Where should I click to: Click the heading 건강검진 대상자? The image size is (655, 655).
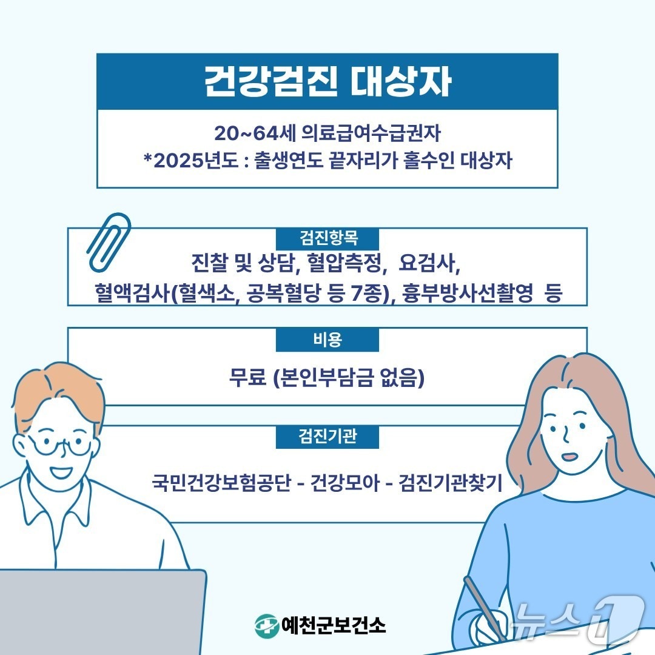[327, 82]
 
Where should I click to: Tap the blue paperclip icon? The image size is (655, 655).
[109, 241]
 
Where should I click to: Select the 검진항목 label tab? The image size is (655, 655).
[327, 236]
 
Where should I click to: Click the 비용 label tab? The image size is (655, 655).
[327, 340]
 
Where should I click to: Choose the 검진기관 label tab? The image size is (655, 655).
[327, 437]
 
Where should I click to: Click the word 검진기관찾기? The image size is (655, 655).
[451, 483]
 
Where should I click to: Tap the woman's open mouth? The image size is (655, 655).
[569, 457]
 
